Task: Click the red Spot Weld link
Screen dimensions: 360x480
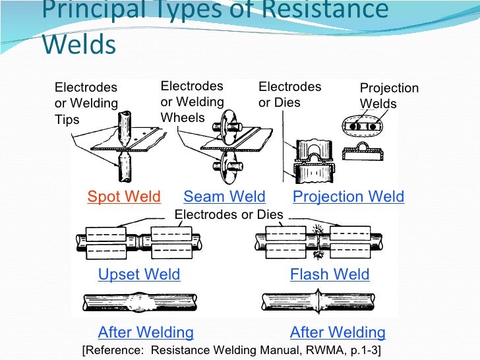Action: [124, 196]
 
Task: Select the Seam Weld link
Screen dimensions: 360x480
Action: [224, 196]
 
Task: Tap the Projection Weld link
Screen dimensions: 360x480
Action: [348, 196]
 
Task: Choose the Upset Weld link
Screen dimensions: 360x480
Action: [139, 274]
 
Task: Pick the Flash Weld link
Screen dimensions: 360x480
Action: [330, 274]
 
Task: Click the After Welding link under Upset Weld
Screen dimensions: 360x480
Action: [146, 332]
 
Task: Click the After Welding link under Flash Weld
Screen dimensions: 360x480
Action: [338, 332]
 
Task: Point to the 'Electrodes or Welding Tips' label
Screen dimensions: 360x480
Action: [86, 104]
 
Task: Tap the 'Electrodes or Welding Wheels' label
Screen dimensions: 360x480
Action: [193, 102]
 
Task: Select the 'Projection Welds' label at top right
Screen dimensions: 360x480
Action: [389, 96]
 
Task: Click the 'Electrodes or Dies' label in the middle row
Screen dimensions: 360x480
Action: [229, 215]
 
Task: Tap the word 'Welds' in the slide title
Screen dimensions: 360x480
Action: [79, 44]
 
